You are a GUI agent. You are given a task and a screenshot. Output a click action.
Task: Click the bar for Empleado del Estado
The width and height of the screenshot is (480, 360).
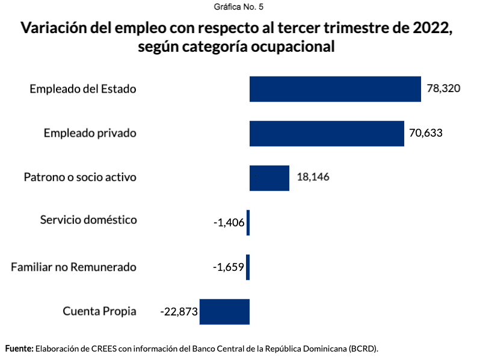[335, 88]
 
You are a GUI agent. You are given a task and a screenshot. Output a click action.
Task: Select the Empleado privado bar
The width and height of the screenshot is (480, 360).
[327, 133]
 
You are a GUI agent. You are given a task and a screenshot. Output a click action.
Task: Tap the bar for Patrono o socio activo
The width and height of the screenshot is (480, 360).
[269, 178]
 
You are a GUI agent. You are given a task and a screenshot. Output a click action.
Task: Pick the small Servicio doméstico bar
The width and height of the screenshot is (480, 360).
[248, 222]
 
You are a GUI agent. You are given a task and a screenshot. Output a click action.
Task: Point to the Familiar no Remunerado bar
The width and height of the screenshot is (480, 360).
[248, 267]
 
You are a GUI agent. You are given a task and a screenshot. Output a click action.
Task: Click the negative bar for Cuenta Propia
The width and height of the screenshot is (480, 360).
[224, 311]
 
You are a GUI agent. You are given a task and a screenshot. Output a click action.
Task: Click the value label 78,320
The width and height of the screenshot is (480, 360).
[443, 88]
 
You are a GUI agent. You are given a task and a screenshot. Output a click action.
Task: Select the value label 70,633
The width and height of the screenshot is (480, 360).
[426, 133]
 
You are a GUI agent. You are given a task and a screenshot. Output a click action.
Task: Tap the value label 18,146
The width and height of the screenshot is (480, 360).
[313, 178]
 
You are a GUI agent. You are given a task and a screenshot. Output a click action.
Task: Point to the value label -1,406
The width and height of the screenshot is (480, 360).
[229, 223]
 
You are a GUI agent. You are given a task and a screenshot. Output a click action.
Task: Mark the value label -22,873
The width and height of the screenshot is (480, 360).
[179, 312]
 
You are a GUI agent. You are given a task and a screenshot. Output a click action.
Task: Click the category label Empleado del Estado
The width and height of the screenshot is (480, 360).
[83, 89]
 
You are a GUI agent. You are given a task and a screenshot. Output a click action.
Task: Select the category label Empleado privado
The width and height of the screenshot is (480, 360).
[90, 133]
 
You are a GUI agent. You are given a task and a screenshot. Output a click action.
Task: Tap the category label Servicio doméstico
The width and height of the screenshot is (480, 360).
[88, 220]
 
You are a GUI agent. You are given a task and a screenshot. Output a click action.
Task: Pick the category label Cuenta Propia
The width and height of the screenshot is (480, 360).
[99, 311]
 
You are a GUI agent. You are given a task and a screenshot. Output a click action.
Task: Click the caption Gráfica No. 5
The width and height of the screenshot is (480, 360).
[239, 7]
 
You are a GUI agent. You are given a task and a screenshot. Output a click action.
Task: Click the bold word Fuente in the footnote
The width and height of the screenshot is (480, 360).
[19, 349]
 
